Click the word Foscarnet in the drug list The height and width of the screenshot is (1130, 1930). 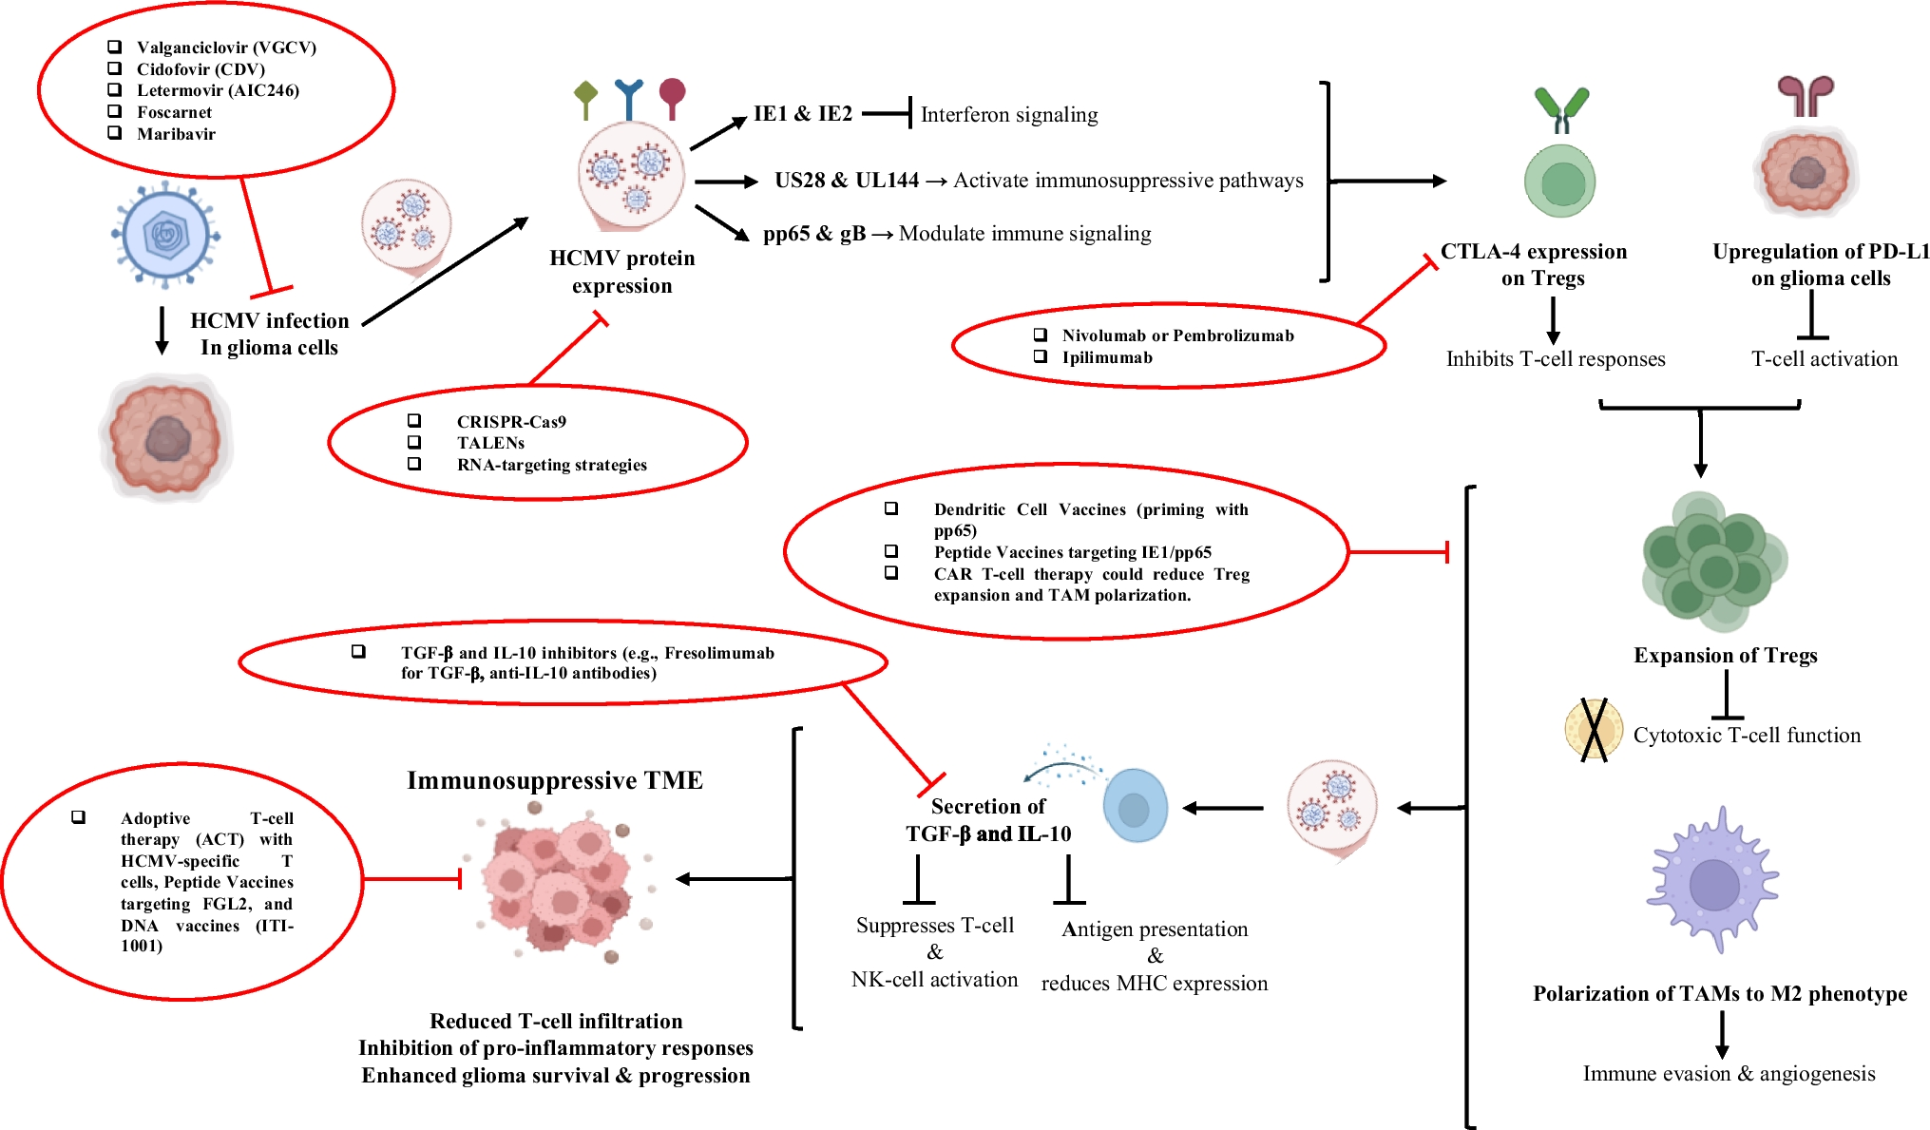(174, 112)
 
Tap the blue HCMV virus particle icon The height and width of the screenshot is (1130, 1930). (166, 235)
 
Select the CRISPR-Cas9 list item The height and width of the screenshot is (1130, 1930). (511, 421)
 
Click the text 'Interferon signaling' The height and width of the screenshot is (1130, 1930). (1009, 115)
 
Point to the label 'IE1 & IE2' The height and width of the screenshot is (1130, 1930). (803, 114)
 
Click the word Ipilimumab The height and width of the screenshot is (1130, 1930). (1107, 357)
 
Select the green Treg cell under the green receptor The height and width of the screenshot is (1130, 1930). (1559, 182)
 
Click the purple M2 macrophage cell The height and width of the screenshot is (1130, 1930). (1714, 881)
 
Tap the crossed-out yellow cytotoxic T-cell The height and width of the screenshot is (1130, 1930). (1594, 730)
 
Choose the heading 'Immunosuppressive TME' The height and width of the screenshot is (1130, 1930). (555, 780)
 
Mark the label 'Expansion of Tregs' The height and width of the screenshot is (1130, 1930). (1725, 655)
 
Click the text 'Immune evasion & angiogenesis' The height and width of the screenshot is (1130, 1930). (1729, 1073)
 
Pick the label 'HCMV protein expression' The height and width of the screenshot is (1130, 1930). (622, 272)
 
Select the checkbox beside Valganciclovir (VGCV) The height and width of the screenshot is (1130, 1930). (115, 47)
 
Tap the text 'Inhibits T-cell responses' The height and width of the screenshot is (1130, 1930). (1556, 359)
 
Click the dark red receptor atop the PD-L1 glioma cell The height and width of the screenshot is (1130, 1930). (1806, 96)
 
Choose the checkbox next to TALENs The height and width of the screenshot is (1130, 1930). (414, 442)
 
